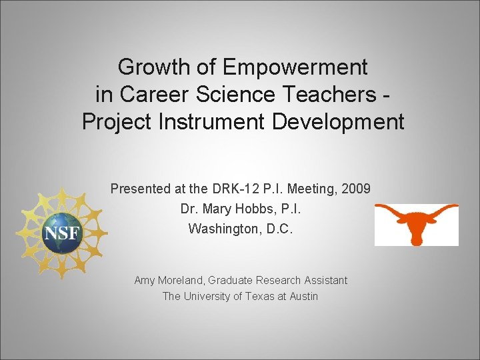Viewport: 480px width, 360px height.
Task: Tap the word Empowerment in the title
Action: pos(295,67)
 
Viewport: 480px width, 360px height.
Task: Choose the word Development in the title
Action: pos(335,122)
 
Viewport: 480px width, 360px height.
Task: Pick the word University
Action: pos(209,297)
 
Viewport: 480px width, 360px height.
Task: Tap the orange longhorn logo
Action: pos(416,223)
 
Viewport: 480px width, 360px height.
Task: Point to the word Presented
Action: pos(141,189)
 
